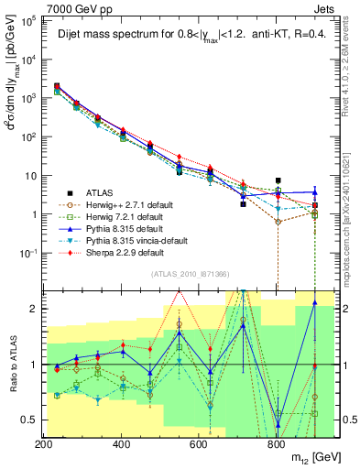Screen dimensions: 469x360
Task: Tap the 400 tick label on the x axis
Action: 121,444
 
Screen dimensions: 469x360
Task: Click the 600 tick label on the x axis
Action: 198,444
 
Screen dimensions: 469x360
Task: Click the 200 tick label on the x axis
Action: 43,444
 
